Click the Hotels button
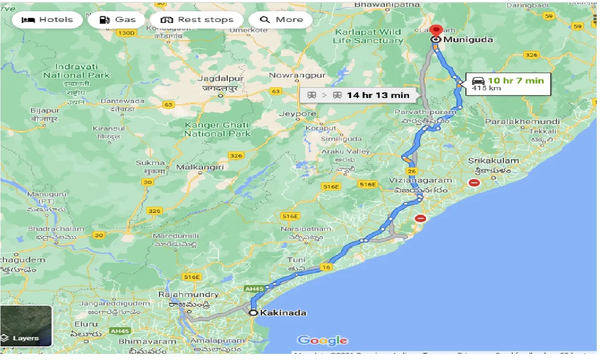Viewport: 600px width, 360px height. tap(47, 20)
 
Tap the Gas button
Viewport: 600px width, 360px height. tap(118, 20)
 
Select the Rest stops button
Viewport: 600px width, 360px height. tap(197, 20)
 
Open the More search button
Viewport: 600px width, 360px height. tap(281, 20)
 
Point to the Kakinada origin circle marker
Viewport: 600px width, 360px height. tap(253, 313)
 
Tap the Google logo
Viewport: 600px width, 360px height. tap(322, 341)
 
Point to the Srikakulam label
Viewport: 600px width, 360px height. tap(494, 161)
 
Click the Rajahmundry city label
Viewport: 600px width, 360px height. tap(189, 295)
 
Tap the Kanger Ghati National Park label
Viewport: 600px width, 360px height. tap(217, 129)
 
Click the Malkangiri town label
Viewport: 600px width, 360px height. tap(200, 167)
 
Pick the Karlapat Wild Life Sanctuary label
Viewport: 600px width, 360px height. tap(367, 36)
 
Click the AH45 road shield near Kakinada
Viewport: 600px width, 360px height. tap(254, 289)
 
